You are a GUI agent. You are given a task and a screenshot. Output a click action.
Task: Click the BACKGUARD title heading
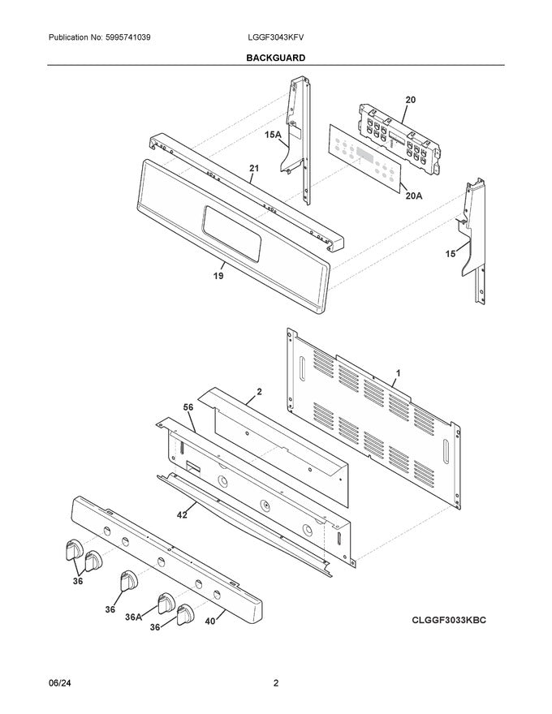tap(276, 58)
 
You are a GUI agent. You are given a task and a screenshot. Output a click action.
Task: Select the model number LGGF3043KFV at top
tap(276, 38)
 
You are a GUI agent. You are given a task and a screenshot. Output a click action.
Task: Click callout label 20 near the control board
tap(410, 100)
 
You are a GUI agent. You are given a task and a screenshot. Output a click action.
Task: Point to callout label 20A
tap(413, 196)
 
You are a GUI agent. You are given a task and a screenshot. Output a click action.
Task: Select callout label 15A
tap(272, 137)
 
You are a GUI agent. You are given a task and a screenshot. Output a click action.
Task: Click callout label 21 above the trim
tap(253, 170)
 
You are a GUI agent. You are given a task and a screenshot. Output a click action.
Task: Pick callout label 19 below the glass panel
tap(218, 275)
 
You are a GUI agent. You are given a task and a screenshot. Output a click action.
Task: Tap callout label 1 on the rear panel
tap(397, 373)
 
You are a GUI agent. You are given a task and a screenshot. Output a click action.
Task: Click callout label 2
tap(259, 392)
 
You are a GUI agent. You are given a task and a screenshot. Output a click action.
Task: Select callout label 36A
tap(132, 616)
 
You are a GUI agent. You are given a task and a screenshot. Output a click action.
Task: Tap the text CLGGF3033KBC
tap(443, 620)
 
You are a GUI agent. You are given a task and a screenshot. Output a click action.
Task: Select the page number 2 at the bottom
tap(276, 683)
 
